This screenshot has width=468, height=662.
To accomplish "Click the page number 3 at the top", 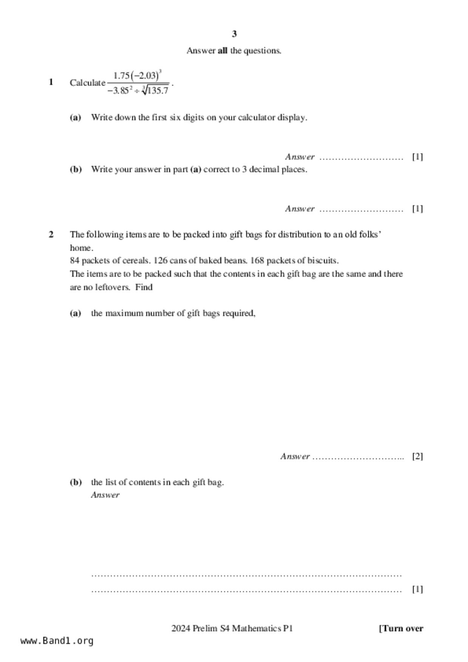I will pos(234,34).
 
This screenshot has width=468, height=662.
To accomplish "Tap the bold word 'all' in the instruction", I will pos(222,51).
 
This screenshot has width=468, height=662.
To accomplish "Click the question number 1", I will pos(51,82).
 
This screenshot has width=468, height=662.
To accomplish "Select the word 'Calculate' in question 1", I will pos(87,83).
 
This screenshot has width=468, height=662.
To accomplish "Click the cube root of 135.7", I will pos(155,91).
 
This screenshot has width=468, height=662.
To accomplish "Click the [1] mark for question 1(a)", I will pos(417,157).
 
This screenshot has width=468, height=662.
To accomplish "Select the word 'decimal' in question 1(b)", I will pos(264,169).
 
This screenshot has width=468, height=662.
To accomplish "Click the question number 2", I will pos(51,234).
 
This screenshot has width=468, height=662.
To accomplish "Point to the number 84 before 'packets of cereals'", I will pos(74,260).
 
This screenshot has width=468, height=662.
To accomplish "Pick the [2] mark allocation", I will pos(417,456).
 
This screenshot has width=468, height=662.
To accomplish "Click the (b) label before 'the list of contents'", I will pos(76,482).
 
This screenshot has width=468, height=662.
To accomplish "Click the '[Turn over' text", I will pos(401,628).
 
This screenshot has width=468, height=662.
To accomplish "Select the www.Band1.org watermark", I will pos(57,641).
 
